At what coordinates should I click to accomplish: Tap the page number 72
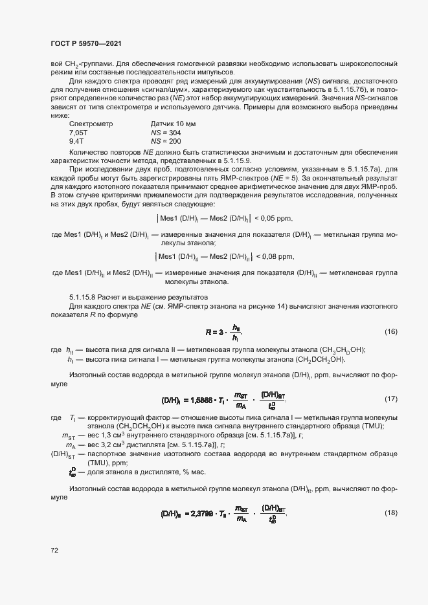[x=54, y=550]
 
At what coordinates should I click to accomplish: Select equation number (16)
[x=390, y=332]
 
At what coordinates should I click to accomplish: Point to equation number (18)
[x=390, y=513]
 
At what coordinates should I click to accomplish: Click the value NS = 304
[x=166, y=132]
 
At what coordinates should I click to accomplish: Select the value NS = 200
[x=166, y=141]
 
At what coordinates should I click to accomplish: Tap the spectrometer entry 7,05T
[x=78, y=132]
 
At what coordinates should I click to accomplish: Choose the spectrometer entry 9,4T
[x=76, y=141]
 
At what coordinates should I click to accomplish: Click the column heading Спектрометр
[x=91, y=123]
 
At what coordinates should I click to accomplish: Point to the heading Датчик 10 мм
[x=173, y=123]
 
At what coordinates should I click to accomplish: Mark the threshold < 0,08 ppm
[x=274, y=256]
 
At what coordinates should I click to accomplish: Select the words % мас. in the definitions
[x=195, y=472]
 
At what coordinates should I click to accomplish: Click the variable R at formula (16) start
[x=208, y=333]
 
